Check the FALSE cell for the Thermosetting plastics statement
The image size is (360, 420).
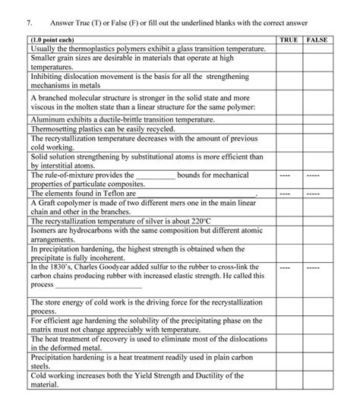coord(317,130)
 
